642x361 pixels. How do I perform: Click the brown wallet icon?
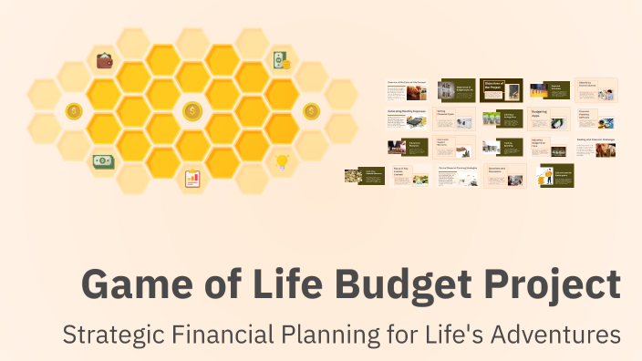[105, 61]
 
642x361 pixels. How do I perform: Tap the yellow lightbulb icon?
[282, 161]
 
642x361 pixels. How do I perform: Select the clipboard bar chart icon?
[192, 179]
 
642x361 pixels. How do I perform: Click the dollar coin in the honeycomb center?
[192, 111]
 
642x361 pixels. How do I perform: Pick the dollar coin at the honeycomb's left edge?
[74, 111]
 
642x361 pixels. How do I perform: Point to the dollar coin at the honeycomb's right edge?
[312, 111]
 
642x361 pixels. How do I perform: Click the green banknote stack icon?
[103, 161]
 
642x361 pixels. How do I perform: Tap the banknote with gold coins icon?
[281, 61]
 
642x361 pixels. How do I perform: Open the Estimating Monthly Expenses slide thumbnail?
[408, 119]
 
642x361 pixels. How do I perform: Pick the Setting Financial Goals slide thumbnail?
[455, 119]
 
